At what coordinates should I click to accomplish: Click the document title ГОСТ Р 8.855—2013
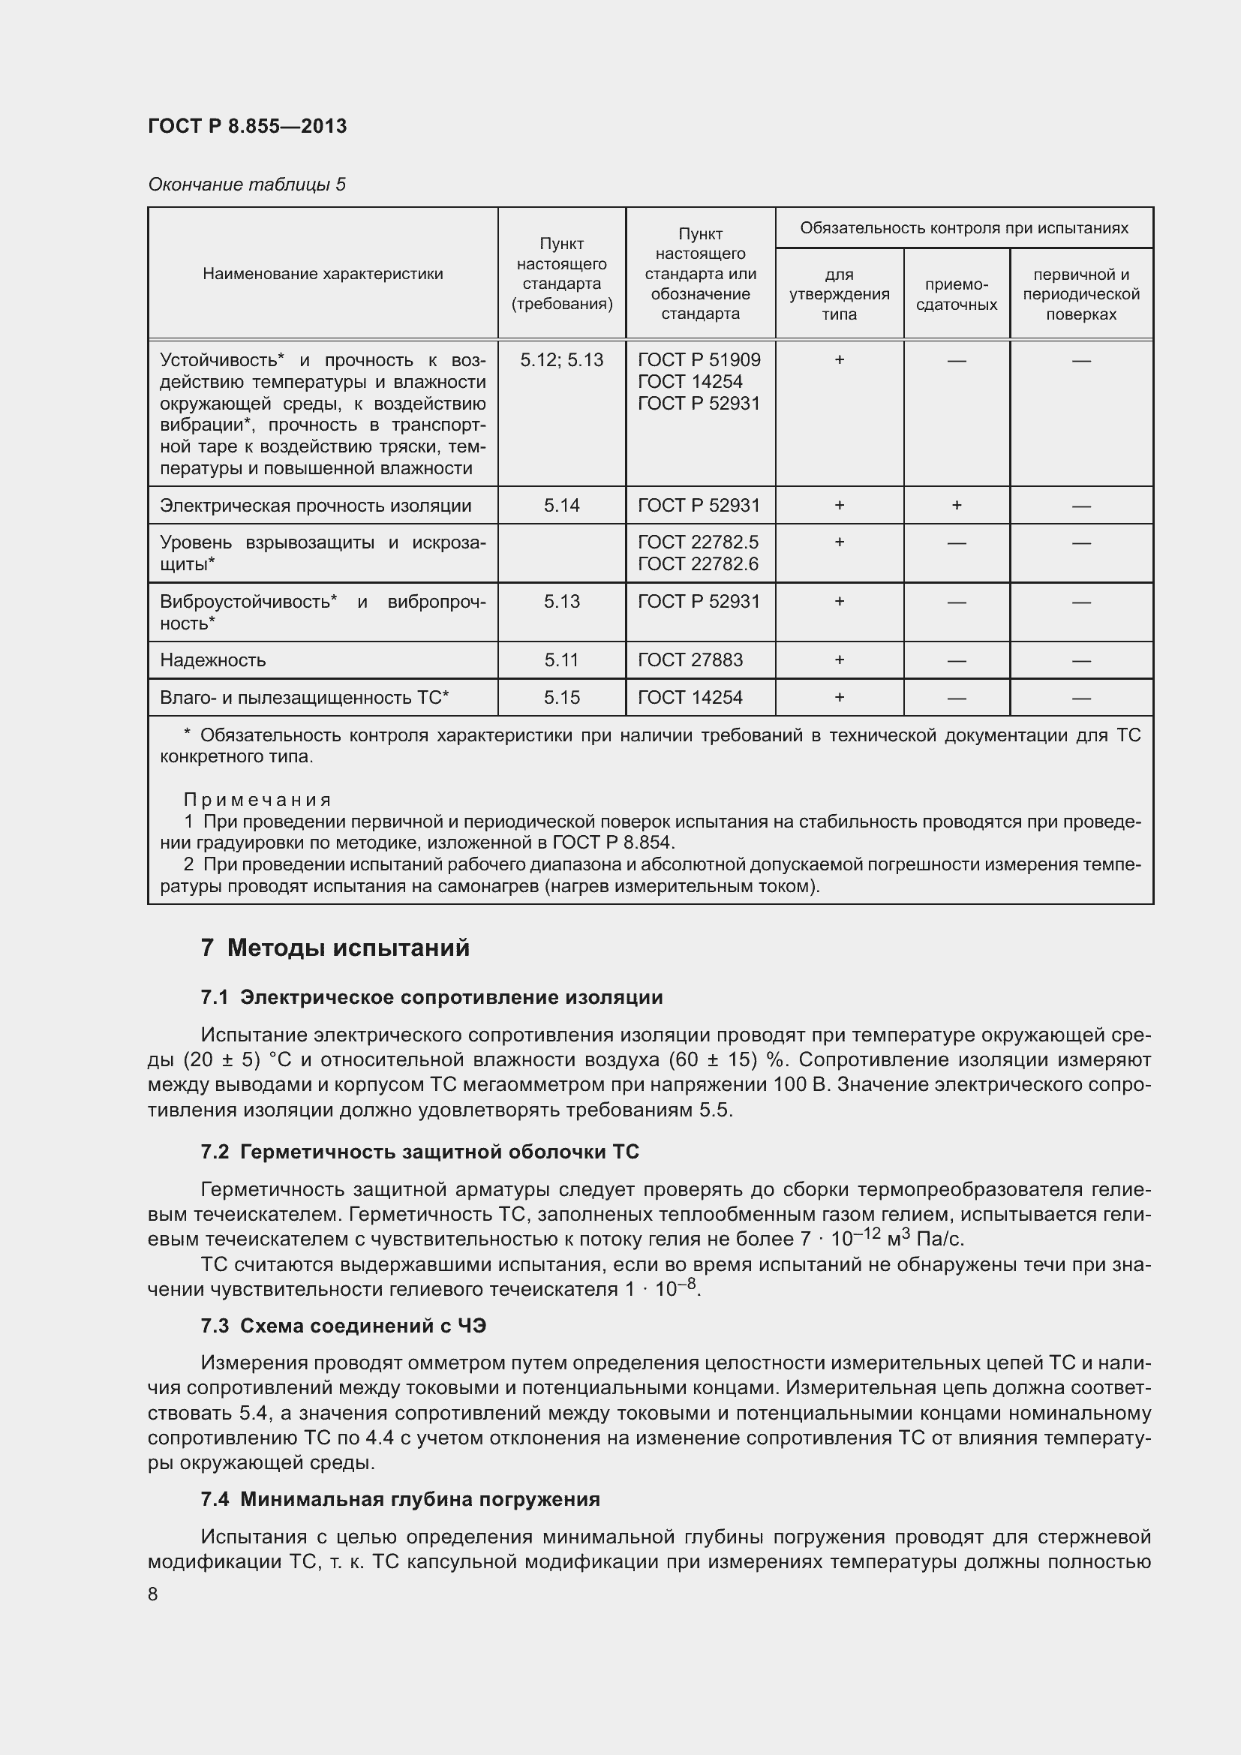pyautogui.click(x=247, y=126)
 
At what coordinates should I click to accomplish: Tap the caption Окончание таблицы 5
pyautogui.click(x=246, y=185)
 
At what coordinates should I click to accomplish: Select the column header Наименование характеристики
pyautogui.click(x=323, y=274)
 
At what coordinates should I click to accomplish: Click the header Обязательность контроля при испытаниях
pyautogui.click(x=963, y=228)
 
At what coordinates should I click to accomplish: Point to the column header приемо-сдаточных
pyautogui.click(x=956, y=294)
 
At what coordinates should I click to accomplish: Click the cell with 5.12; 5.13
pyautogui.click(x=562, y=360)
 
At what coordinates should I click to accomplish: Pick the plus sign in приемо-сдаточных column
pyautogui.click(x=956, y=505)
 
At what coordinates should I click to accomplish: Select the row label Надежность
pyautogui.click(x=212, y=660)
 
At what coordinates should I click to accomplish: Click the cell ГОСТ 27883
pyautogui.click(x=690, y=660)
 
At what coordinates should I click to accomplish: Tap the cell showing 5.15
pyautogui.click(x=562, y=697)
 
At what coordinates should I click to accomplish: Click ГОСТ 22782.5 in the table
pyautogui.click(x=698, y=542)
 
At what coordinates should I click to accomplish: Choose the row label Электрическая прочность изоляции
pyautogui.click(x=315, y=505)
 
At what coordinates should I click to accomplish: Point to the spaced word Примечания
pyautogui.click(x=257, y=800)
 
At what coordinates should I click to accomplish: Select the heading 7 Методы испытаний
pyautogui.click(x=335, y=948)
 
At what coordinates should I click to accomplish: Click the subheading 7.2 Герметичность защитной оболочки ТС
pyautogui.click(x=419, y=1151)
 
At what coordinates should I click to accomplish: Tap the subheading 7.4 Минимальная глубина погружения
pyautogui.click(x=401, y=1499)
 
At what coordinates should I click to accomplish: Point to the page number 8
pyautogui.click(x=153, y=1594)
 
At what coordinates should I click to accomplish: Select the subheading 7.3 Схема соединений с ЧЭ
pyautogui.click(x=343, y=1325)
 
